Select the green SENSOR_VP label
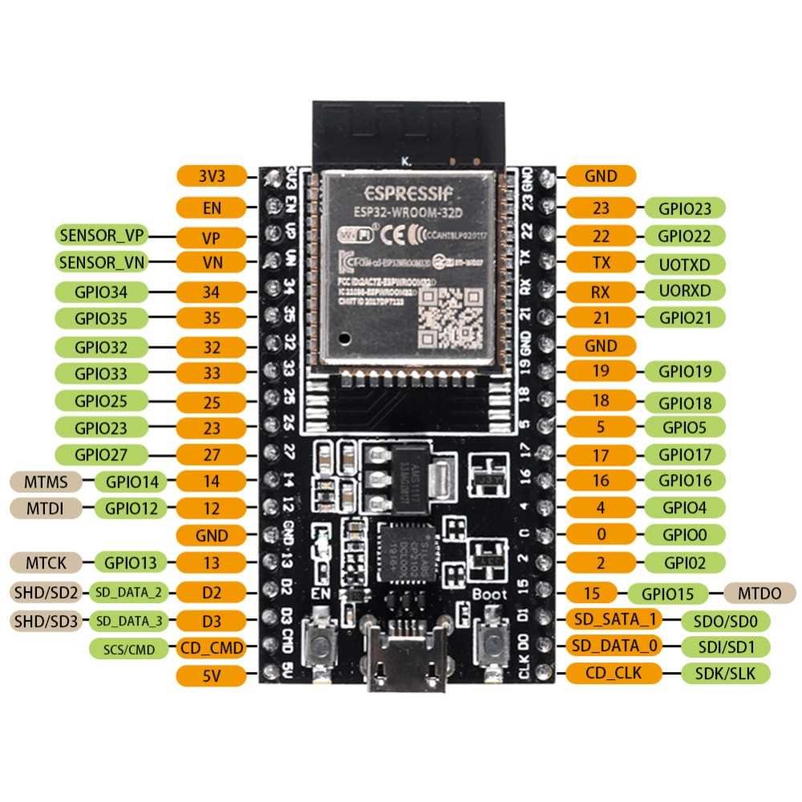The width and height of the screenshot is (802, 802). click(102, 236)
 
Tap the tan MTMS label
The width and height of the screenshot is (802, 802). click(45, 482)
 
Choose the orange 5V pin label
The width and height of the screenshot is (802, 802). click(211, 676)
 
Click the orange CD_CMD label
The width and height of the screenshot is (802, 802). click(211, 647)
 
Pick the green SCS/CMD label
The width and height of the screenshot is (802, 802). click(129, 648)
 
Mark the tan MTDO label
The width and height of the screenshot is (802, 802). click(759, 593)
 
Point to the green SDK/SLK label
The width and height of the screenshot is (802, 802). click(724, 673)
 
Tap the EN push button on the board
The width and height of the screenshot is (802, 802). click(324, 642)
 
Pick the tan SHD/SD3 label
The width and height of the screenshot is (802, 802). click(45, 620)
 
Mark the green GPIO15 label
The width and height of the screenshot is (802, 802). click(667, 593)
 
